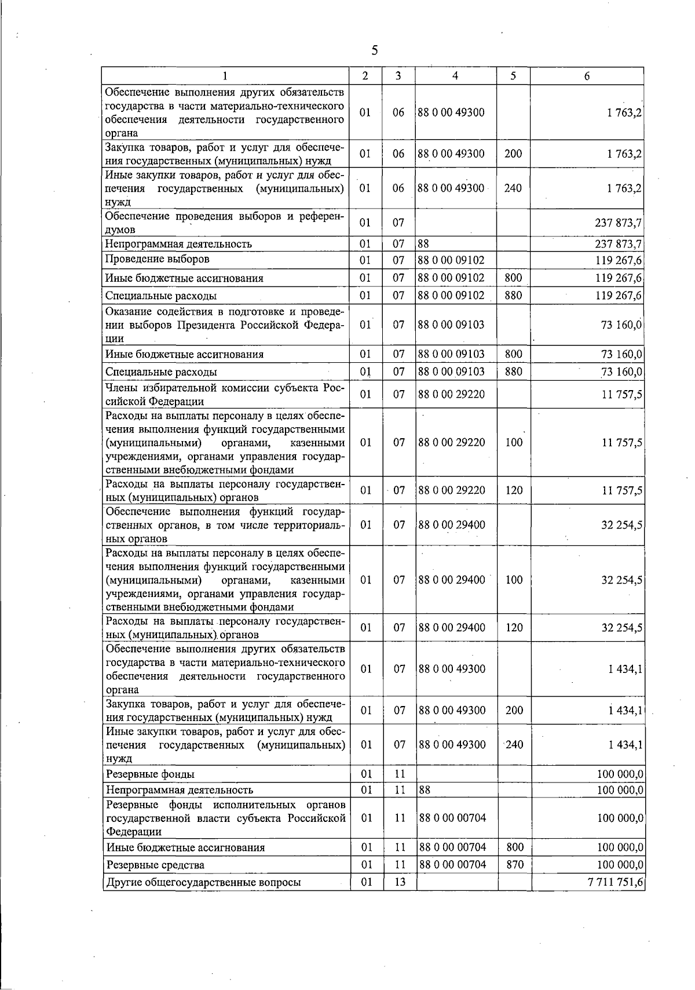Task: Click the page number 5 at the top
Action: pyautogui.click(x=375, y=50)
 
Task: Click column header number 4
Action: pyautogui.click(x=455, y=76)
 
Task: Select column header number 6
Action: pyautogui.click(x=587, y=76)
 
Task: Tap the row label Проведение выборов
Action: pyautogui.click(x=157, y=259)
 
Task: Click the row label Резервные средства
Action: pyautogui.click(x=155, y=865)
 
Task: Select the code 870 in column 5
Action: pyautogui.click(x=514, y=864)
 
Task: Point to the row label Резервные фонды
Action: pyautogui.click(x=150, y=774)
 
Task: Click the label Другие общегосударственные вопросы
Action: pyautogui.click(x=203, y=883)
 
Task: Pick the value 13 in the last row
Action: pyautogui.click(x=400, y=882)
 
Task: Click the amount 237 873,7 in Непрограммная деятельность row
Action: pyautogui.click(x=618, y=244)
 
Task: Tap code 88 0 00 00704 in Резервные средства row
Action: pyautogui.click(x=452, y=864)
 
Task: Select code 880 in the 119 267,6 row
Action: pyautogui.click(x=513, y=295)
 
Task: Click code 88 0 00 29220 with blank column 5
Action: pyautogui.click(x=451, y=394)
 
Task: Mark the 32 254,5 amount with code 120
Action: pyautogui.click(x=621, y=628)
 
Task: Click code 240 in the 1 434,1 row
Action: pyautogui.click(x=514, y=744)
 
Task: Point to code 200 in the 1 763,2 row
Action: pyautogui.click(x=513, y=154)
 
